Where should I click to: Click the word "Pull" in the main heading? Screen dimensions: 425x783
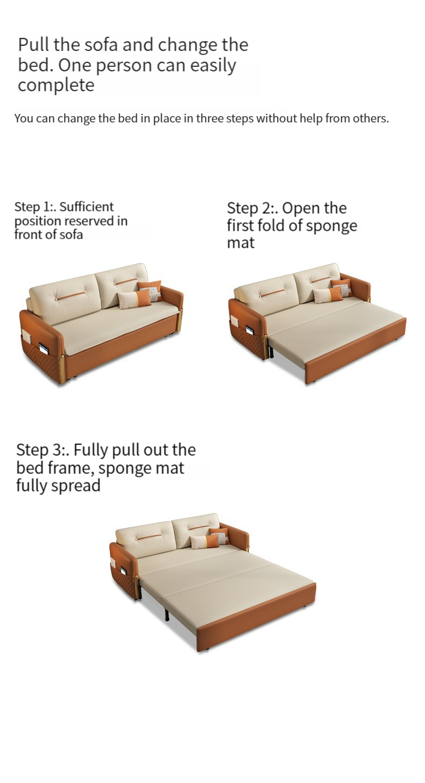[x=33, y=45]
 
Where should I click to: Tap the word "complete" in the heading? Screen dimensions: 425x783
[x=56, y=85]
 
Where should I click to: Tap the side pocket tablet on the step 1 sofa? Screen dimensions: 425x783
[x=44, y=347]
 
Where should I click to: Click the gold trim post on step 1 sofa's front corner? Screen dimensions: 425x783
[x=63, y=369]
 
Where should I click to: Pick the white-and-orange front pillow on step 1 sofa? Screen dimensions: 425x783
[x=135, y=299]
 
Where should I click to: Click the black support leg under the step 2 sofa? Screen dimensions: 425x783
[x=271, y=352]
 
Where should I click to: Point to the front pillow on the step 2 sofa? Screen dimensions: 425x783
[x=328, y=295]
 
